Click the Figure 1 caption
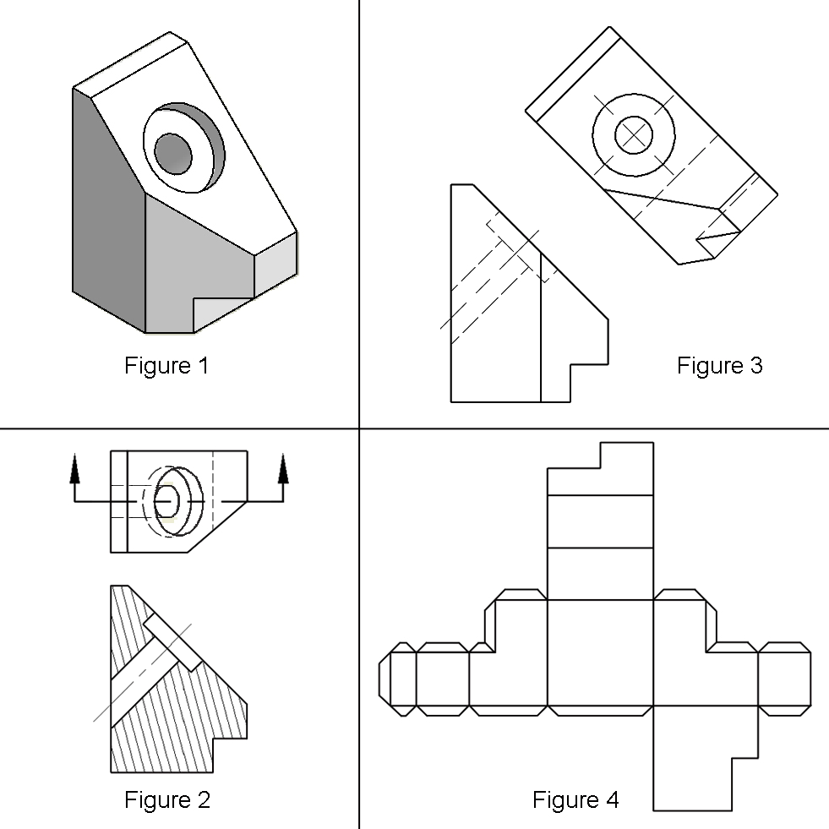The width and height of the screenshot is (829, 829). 166,366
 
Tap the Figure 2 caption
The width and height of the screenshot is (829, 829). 166,799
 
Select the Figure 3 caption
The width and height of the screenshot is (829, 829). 719,366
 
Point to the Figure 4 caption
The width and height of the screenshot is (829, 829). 575,799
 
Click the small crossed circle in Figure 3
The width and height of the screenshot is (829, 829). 633,134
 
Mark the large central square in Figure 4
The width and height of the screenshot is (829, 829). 600,652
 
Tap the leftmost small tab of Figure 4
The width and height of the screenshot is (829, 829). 385,678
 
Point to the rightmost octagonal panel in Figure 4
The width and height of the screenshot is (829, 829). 784,678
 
